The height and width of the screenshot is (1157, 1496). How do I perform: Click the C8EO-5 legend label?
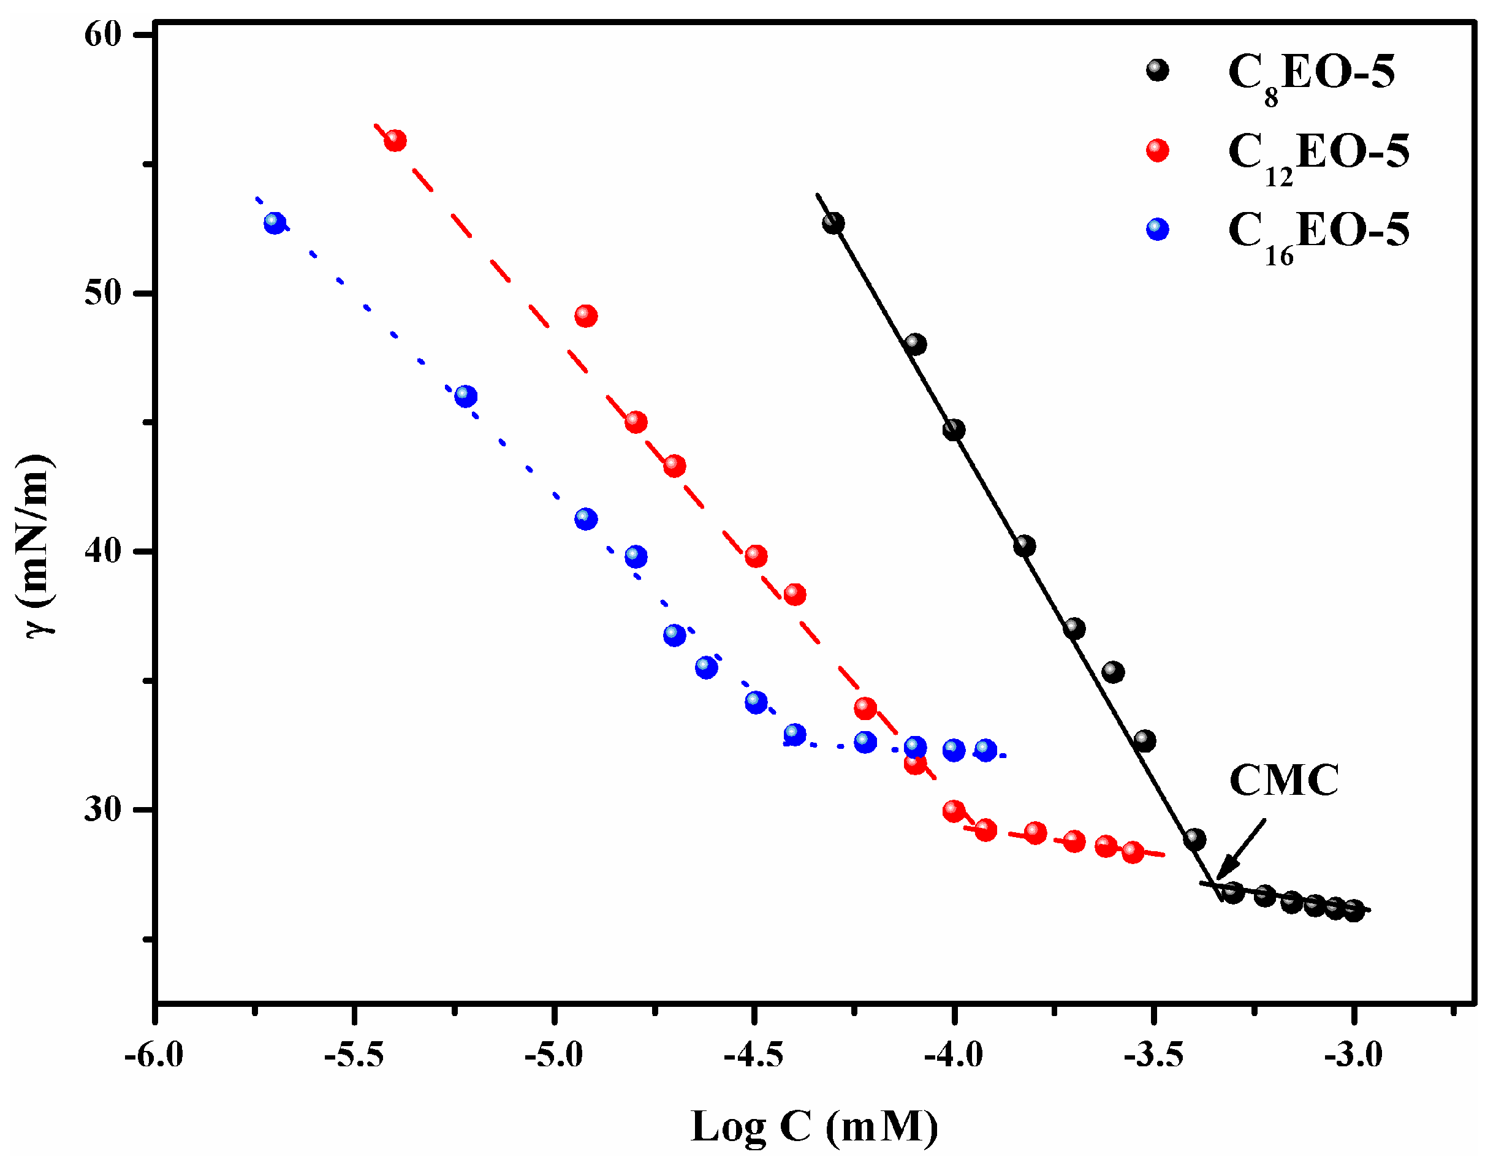point(1310,74)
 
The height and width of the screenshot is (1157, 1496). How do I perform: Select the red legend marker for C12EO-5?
point(1157,150)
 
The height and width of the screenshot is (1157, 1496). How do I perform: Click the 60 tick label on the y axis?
point(103,34)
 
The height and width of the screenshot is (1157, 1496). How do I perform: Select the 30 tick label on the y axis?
point(103,809)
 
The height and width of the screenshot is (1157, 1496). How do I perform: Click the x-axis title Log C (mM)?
point(814,1127)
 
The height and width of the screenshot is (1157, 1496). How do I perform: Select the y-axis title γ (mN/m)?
point(36,545)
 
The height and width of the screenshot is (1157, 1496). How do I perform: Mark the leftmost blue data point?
point(275,222)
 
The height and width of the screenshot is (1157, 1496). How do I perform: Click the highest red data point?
point(395,140)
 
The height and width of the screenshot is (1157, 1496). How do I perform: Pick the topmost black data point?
point(833,222)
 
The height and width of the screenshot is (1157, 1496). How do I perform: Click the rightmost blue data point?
point(985,750)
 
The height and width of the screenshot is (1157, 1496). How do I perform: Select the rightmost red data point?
point(1133,852)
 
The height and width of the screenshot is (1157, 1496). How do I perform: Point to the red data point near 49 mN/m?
point(586,316)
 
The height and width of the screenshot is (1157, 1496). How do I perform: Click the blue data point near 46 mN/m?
point(466,396)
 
